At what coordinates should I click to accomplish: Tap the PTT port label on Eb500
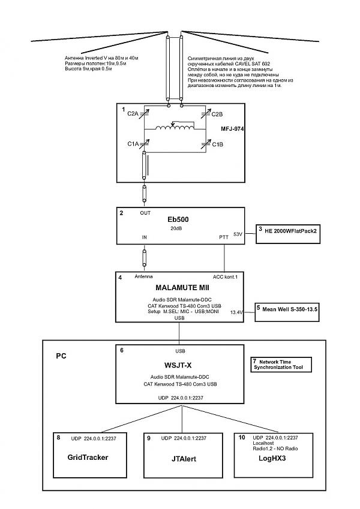coord(224,238)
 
